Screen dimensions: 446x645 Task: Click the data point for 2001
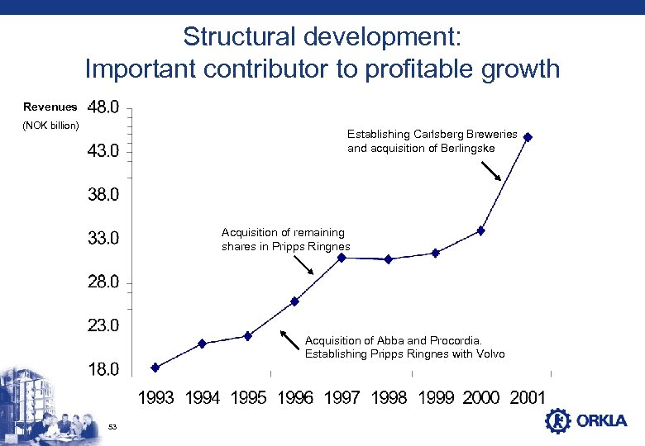528,137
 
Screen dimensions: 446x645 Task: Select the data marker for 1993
155,368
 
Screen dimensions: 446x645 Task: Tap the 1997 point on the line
342,257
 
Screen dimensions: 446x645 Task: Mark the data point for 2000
481,230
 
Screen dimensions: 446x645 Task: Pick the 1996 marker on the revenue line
294,301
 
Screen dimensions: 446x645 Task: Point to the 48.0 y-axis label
103,107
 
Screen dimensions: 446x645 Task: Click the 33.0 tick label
103,239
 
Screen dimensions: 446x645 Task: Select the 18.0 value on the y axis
103,369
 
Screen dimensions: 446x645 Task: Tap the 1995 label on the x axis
248,398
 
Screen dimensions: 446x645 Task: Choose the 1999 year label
435,398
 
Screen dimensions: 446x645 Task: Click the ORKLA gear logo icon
558,420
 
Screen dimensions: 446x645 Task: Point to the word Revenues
50,107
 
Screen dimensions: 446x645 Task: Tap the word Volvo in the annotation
489,354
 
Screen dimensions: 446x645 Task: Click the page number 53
114,426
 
